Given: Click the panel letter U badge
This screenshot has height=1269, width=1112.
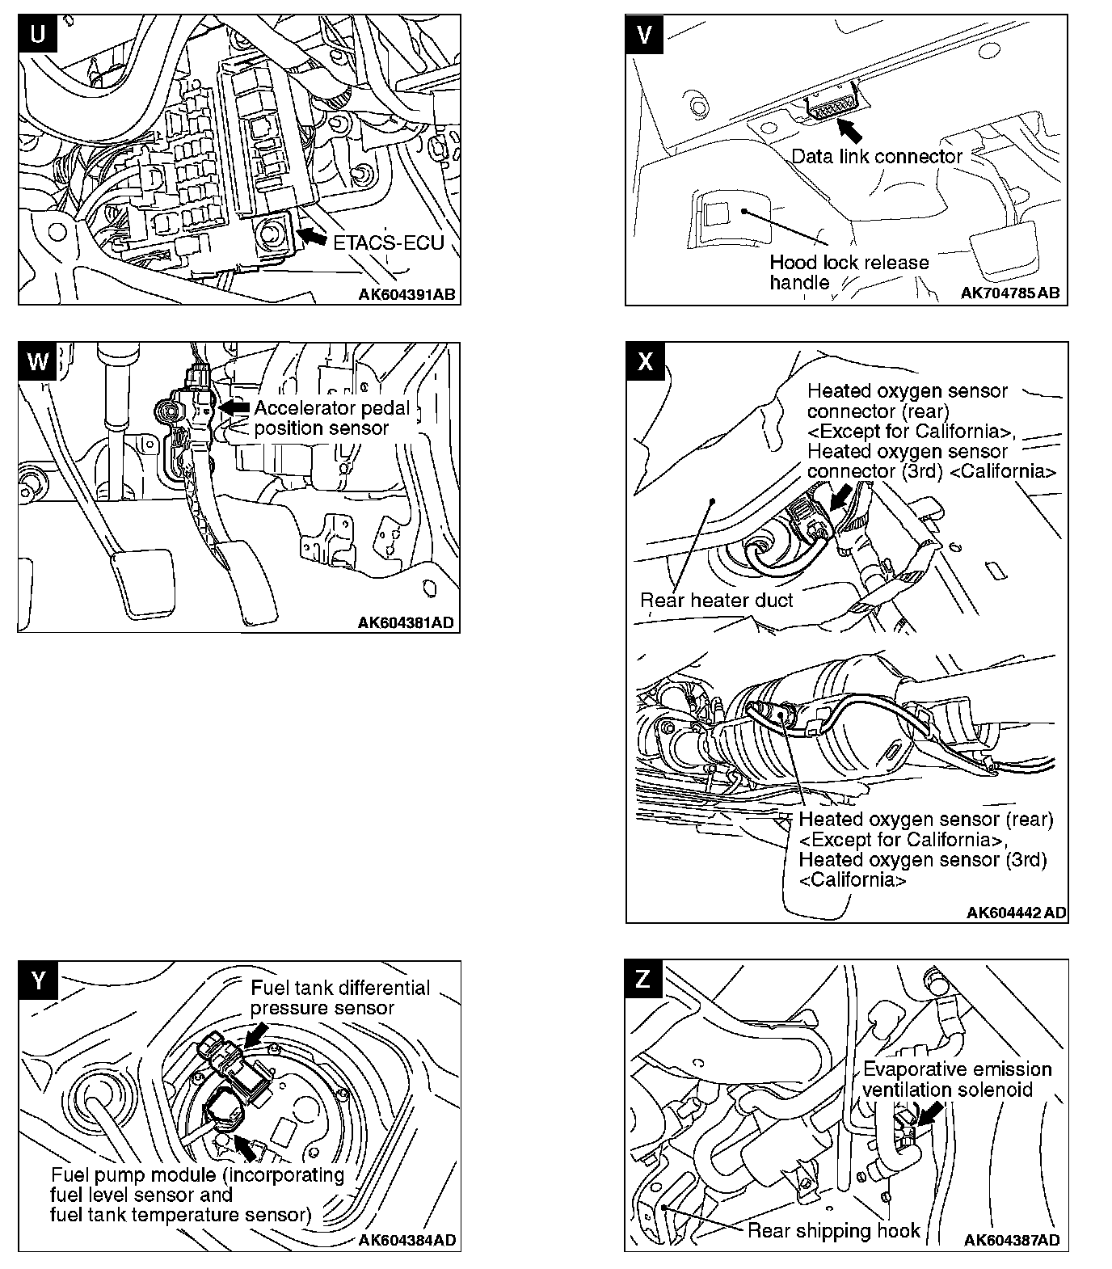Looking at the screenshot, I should point(38,35).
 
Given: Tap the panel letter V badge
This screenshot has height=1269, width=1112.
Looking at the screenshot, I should point(644,34).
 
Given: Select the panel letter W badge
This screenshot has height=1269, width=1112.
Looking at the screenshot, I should point(38,361).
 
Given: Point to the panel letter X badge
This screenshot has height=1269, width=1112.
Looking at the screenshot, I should point(645,361).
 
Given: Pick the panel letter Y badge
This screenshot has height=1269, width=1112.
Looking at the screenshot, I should point(38,980).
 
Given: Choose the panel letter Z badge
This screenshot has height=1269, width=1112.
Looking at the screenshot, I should point(643,979).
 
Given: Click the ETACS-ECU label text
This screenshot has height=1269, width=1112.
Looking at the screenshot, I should point(389,242).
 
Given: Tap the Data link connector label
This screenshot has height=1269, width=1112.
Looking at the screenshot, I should point(877,156).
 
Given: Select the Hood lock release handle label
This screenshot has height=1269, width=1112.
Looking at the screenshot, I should point(849,272).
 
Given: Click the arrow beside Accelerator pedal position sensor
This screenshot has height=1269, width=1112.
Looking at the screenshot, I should point(234,407).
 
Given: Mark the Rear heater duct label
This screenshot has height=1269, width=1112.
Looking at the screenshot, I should point(716,600).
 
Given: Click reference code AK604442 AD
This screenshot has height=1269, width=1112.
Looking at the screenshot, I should point(1016,913).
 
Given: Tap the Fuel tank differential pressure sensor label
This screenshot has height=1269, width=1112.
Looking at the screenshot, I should point(339,997).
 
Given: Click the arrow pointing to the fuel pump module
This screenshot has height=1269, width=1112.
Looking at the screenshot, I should point(245,1147).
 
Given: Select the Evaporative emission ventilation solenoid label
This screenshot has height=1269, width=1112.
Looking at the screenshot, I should point(957,1079).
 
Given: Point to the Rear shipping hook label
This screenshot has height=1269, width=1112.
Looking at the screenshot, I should point(833,1230).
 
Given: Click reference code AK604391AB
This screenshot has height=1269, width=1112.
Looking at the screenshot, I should point(407,294).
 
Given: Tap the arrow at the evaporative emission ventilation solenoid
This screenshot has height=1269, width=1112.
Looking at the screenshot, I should point(931,1112).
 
